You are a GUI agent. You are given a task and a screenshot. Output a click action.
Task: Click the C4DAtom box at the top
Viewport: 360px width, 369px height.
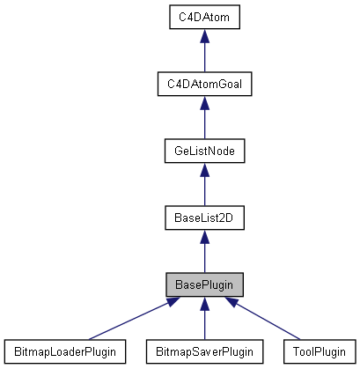(x=204, y=16)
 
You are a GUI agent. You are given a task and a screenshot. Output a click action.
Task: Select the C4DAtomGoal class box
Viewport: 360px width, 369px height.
(x=204, y=84)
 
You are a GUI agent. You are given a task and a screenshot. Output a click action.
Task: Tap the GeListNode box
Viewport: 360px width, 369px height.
(x=204, y=151)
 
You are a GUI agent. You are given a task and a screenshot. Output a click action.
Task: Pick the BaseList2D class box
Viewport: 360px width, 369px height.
(x=204, y=218)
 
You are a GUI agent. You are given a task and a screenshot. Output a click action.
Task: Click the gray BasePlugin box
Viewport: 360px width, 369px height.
(x=204, y=284)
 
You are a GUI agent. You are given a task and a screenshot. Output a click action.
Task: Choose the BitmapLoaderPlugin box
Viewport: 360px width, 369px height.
(x=64, y=351)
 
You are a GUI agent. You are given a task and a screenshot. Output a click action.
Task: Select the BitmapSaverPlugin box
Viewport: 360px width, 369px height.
(x=204, y=351)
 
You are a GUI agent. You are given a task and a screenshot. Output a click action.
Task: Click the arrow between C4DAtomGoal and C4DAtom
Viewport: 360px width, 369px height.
(x=204, y=55)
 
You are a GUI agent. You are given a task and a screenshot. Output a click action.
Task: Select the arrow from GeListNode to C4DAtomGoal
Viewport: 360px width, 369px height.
(x=204, y=122)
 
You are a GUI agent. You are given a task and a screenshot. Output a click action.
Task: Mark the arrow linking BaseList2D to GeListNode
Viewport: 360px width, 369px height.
(x=204, y=188)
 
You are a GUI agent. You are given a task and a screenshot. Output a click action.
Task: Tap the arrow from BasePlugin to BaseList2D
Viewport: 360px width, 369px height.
(x=204, y=255)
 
